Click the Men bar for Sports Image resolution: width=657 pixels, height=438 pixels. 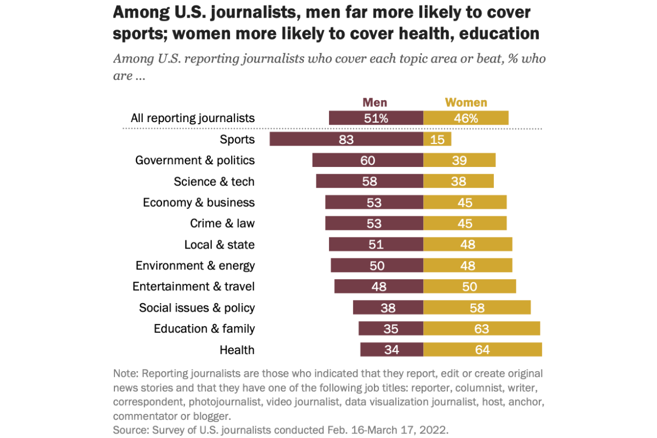click(x=346, y=139)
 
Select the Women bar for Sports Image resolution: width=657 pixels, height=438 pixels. click(x=437, y=139)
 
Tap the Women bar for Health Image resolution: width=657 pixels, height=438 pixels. click(x=482, y=349)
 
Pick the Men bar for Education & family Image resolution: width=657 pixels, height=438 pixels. click(x=391, y=328)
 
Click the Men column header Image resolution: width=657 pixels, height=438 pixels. click(x=375, y=102)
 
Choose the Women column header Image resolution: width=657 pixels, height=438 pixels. click(x=466, y=102)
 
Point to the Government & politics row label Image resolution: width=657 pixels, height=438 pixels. click(x=195, y=160)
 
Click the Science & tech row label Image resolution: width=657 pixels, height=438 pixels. click(x=214, y=181)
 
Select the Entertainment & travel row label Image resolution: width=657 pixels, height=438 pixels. click(x=193, y=286)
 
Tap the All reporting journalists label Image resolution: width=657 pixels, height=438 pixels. click(x=192, y=118)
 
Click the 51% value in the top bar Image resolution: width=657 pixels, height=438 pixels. click(x=376, y=118)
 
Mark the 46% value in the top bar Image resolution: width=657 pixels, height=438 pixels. click(x=466, y=118)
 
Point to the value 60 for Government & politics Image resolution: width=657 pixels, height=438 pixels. click(x=367, y=160)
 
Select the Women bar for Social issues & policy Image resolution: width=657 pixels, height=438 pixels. click(x=477, y=308)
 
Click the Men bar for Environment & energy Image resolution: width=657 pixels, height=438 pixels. click(x=377, y=266)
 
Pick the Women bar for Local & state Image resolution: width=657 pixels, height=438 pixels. click(x=468, y=244)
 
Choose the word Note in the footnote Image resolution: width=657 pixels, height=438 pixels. click(x=125, y=374)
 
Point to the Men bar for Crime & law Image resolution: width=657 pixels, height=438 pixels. click(x=374, y=223)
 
